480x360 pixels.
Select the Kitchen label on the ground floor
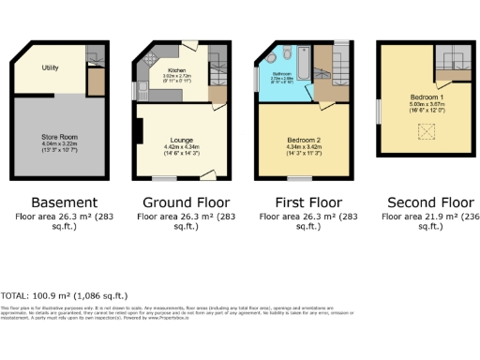176,69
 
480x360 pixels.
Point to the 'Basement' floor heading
64,202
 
